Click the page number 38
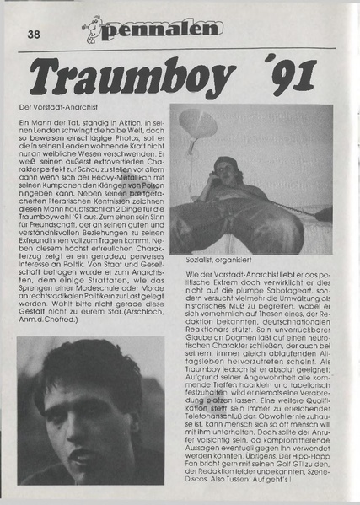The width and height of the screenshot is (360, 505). (x=34, y=35)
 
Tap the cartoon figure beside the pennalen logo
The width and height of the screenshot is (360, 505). (x=92, y=29)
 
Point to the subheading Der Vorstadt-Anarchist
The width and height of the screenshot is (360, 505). (x=53, y=109)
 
